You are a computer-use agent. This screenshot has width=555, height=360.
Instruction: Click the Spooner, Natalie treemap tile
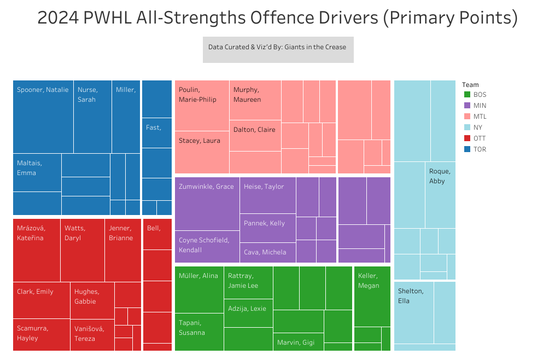tap(43, 117)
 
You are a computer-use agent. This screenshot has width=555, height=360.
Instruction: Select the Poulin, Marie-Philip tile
tap(201, 106)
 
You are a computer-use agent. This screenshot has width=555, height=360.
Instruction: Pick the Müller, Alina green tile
tap(199, 290)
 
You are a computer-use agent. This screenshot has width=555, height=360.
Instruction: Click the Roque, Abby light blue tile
tap(440, 194)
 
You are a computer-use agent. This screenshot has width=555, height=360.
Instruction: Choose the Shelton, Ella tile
tap(413, 312)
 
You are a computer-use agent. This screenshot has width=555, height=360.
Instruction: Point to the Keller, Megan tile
tap(372, 296)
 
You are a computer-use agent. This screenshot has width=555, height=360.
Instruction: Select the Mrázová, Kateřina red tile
tap(37, 250)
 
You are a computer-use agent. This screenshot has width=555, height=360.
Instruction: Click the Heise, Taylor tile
tap(267, 195)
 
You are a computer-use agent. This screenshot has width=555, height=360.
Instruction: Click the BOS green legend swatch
tap(467, 95)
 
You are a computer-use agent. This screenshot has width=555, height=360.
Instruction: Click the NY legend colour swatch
tap(467, 127)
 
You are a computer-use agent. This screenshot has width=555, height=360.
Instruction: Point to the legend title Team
tap(470, 85)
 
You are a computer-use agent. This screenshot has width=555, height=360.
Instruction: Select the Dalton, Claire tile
tap(255, 136)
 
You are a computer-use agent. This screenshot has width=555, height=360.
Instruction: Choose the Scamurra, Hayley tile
tap(41, 334)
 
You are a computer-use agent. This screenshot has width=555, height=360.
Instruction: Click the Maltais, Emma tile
tap(37, 172)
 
